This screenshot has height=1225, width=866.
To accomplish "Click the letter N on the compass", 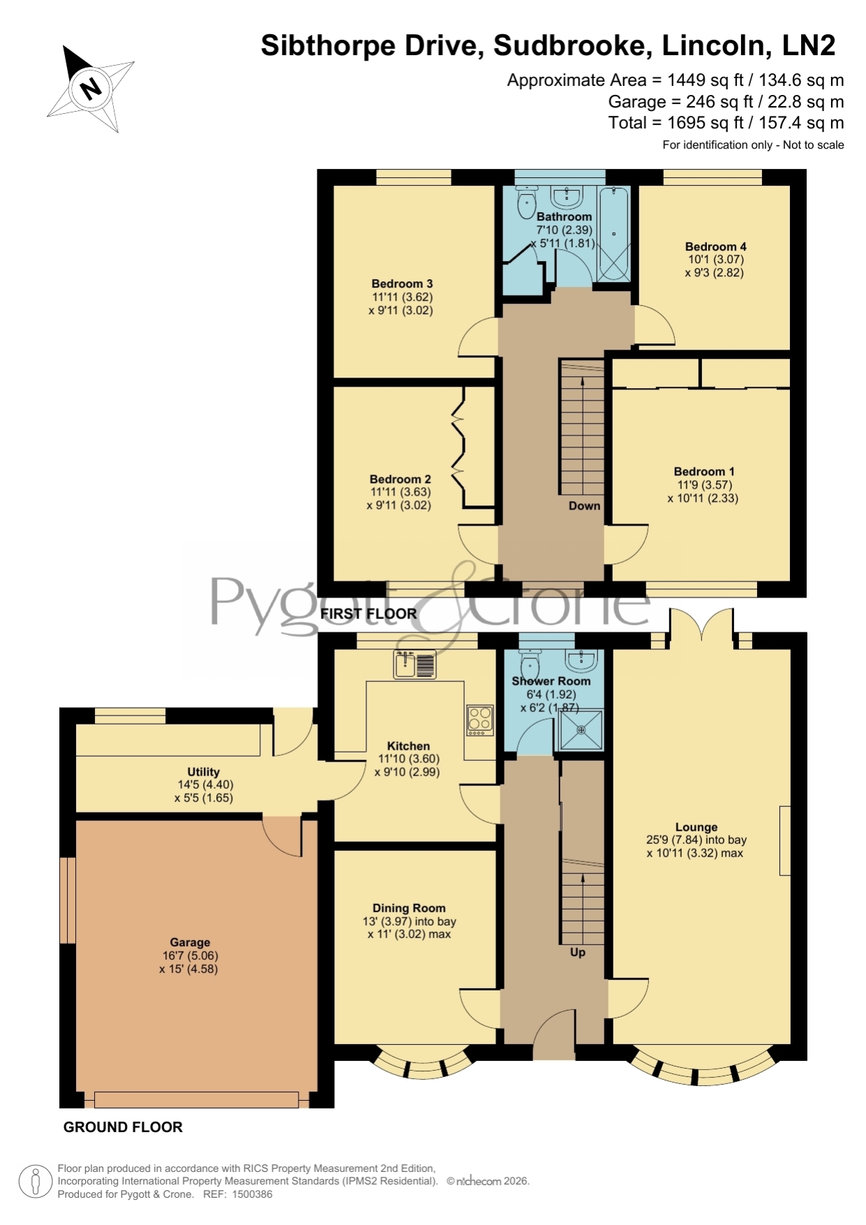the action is tap(91, 88).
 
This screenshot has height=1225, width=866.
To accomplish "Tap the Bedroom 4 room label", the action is tap(715, 246).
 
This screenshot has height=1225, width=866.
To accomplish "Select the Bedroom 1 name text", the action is tap(703, 472).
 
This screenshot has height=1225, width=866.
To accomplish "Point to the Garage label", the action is tap(190, 942).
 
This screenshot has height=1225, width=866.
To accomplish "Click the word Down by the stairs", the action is tap(584, 506).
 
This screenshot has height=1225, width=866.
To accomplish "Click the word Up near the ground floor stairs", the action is tap(578, 952).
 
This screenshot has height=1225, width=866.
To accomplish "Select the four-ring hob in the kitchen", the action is tap(480, 720).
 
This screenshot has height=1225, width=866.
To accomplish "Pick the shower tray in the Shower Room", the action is tap(581, 730).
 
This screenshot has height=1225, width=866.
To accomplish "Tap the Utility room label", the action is tap(203, 772).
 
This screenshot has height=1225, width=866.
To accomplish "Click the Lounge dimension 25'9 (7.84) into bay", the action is tap(696, 840).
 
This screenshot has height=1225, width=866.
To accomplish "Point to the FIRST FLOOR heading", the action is tap(368, 614).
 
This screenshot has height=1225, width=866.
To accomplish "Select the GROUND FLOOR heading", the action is tap(123, 1127).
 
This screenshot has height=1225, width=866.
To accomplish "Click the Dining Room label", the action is tap(409, 908).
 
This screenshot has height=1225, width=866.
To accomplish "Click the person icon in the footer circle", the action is tap(34, 1181).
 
